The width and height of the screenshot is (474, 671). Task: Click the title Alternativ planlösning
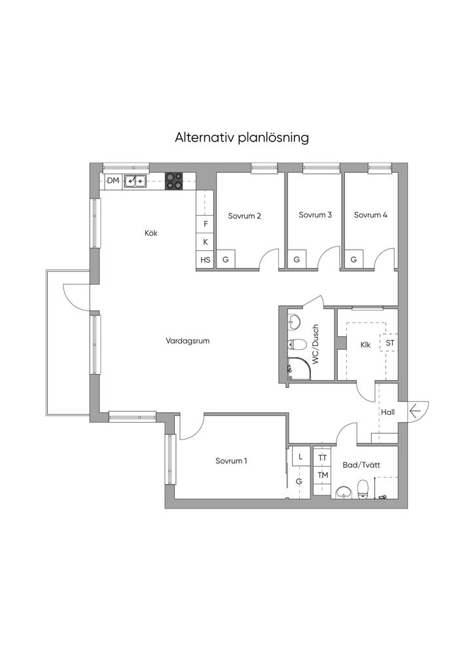[242, 138]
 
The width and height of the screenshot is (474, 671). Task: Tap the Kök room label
[151, 233]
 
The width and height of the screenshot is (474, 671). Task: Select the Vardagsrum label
[188, 341]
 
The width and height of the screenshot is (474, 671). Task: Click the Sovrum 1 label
[231, 461]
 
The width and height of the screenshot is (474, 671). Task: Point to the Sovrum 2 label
[244, 216]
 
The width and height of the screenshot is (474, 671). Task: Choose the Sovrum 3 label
[315, 215]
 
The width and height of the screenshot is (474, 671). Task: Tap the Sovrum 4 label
[371, 215]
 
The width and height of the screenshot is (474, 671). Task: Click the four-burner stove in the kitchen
[173, 181]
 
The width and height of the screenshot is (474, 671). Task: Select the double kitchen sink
[136, 182]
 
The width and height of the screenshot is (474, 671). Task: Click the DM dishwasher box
[113, 181]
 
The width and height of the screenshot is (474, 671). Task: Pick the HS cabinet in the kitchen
[205, 259]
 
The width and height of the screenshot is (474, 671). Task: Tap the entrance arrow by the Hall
[415, 412]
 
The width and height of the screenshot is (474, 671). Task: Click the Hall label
[388, 413]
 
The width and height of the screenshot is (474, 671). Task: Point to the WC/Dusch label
[316, 344]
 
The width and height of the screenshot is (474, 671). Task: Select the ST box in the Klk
[390, 343]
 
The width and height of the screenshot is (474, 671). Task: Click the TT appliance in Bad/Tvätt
[322, 458]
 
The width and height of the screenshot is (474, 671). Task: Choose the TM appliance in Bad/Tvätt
[322, 475]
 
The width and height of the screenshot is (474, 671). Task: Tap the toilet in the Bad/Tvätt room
[363, 489]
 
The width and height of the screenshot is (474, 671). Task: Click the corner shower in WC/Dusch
[299, 368]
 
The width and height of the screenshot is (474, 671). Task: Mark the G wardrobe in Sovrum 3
[297, 259]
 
